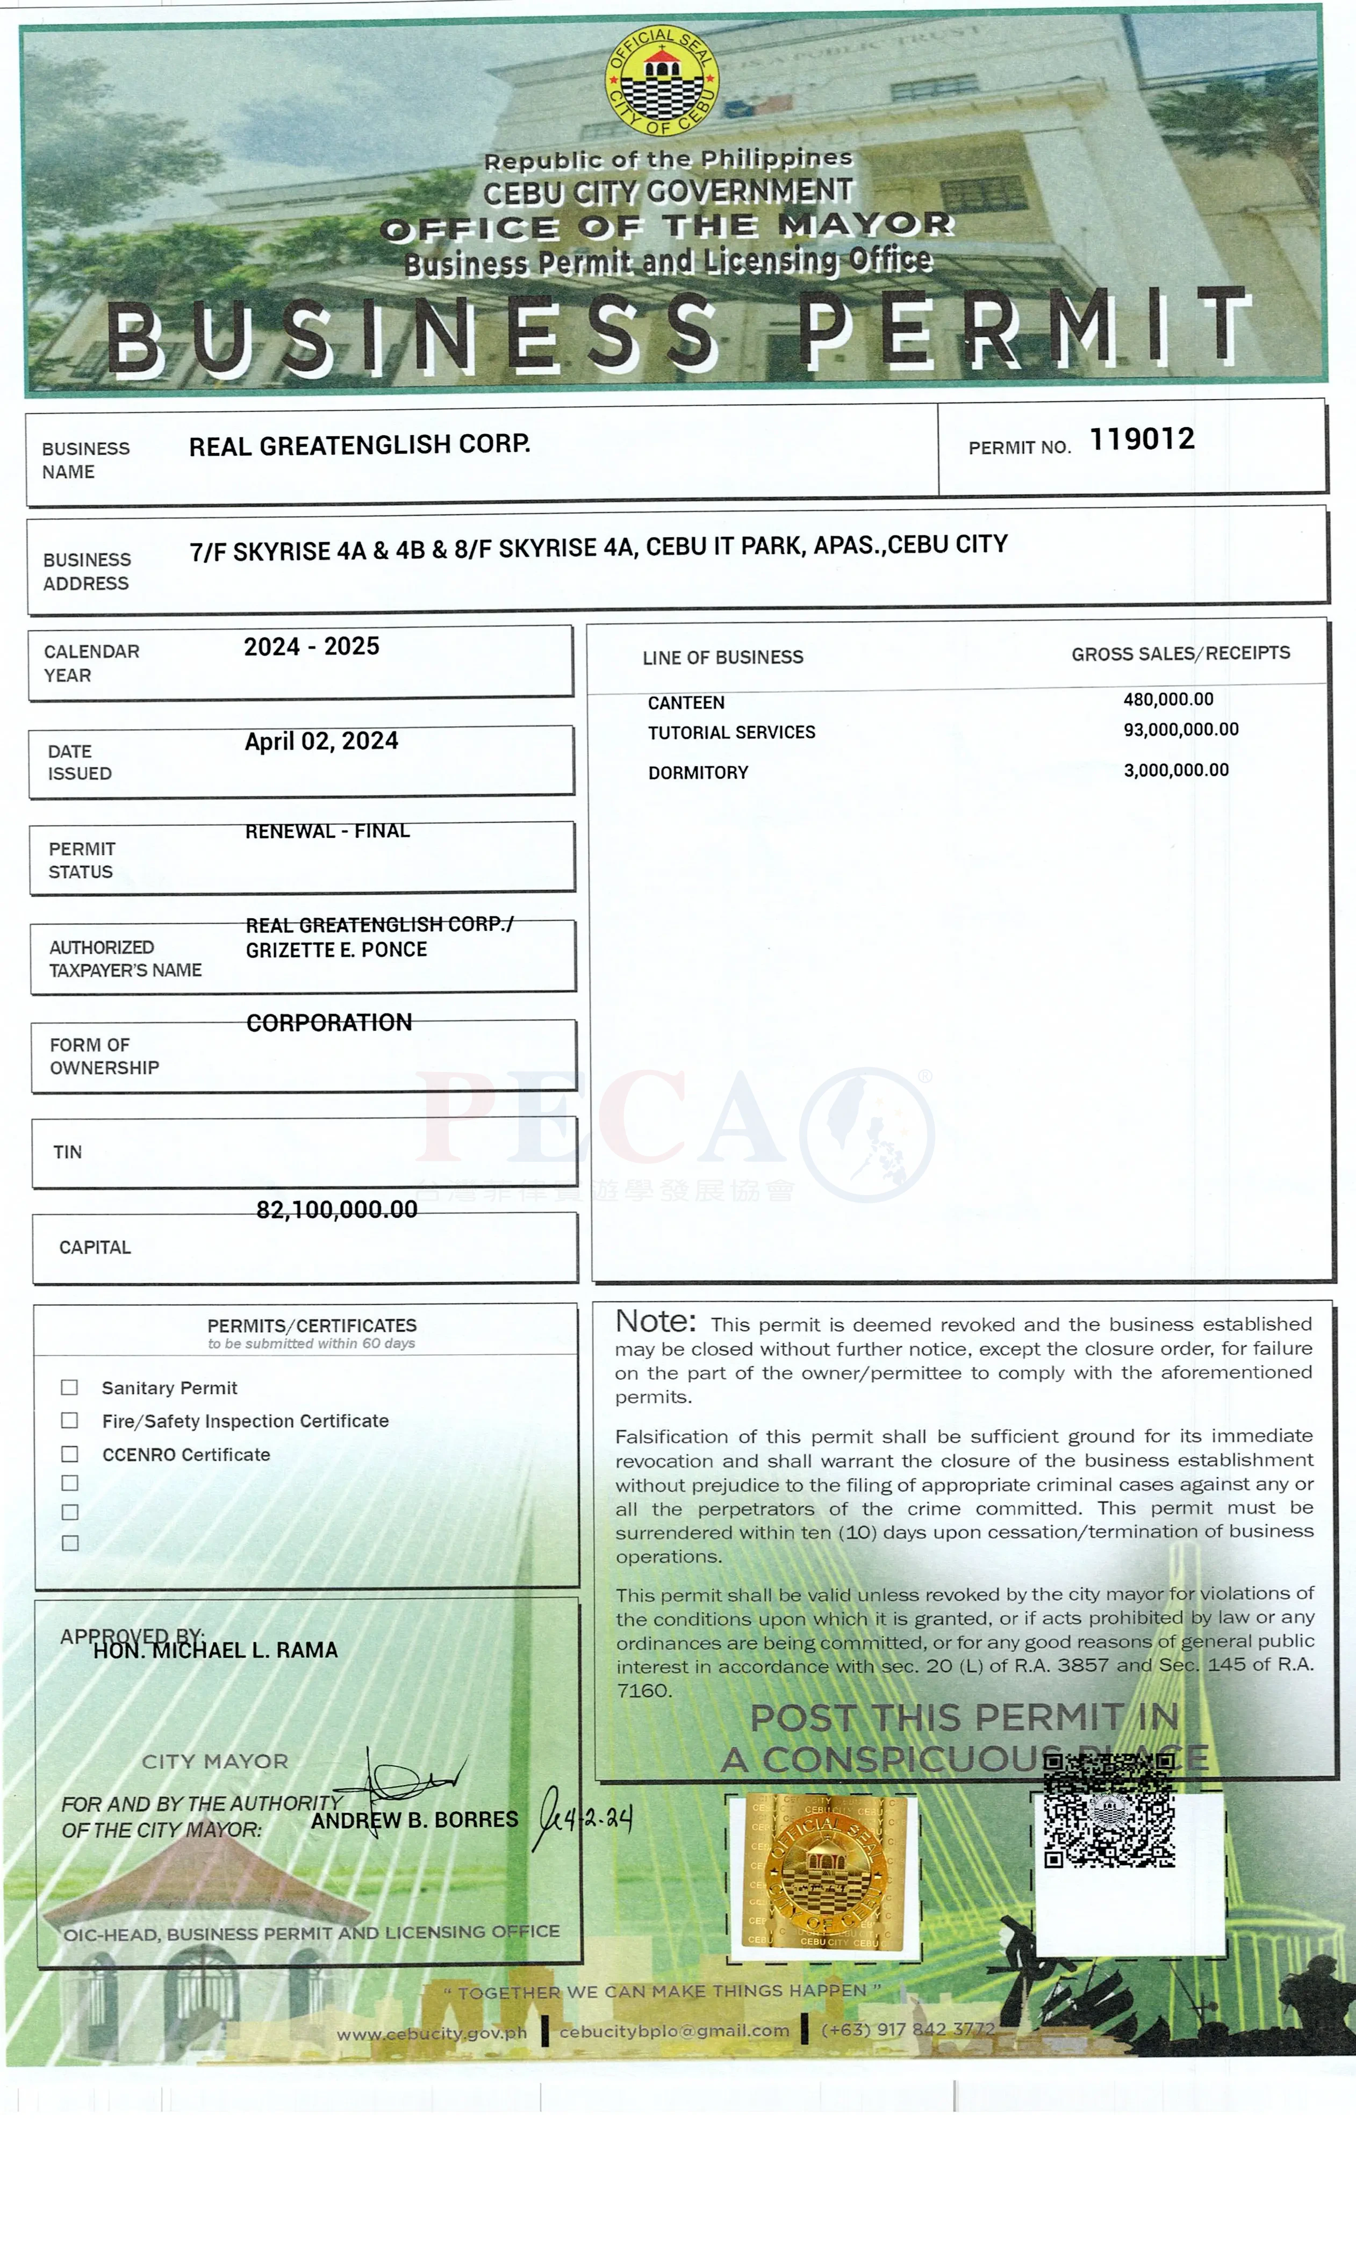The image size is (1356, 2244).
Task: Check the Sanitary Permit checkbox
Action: coord(69,1387)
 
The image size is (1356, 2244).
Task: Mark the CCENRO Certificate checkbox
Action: coord(69,1454)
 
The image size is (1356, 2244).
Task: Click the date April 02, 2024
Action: coord(321,742)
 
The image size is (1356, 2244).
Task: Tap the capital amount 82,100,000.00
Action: coord(337,1210)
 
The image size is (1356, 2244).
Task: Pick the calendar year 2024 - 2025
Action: coord(311,646)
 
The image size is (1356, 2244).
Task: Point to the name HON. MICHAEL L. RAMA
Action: coord(216,1650)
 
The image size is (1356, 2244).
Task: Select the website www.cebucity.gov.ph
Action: coord(432,2033)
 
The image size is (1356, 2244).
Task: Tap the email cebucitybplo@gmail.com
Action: coord(674,2031)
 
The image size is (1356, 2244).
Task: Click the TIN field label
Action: coord(67,1152)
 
